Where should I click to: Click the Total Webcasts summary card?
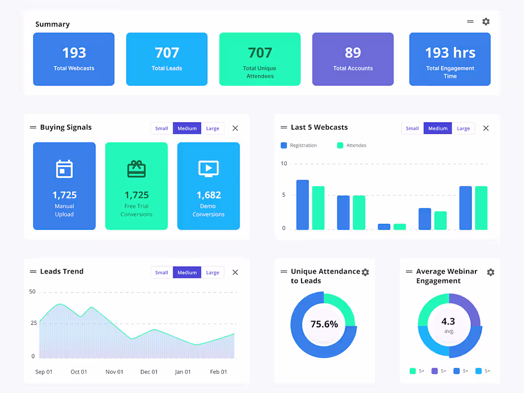point(74,59)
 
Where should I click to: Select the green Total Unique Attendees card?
point(260,59)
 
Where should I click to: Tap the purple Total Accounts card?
point(353,59)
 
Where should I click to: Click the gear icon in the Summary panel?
point(486,21)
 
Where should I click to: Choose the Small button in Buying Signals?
point(161,128)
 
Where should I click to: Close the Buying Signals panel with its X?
point(235,128)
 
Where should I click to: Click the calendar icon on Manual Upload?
point(64,169)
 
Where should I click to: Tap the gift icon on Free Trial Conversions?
point(136,169)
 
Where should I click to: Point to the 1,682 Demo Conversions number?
point(209,195)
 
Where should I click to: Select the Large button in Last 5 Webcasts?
point(463,128)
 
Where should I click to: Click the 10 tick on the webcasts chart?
point(284,163)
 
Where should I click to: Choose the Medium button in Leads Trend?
point(187,272)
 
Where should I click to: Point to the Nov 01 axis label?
point(114,372)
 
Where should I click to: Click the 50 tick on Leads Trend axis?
point(32,292)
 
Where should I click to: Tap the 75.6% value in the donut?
point(324,324)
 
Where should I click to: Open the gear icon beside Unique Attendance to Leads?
point(365,272)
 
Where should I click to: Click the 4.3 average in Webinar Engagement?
point(448,322)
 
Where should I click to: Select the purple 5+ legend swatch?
point(434,371)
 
